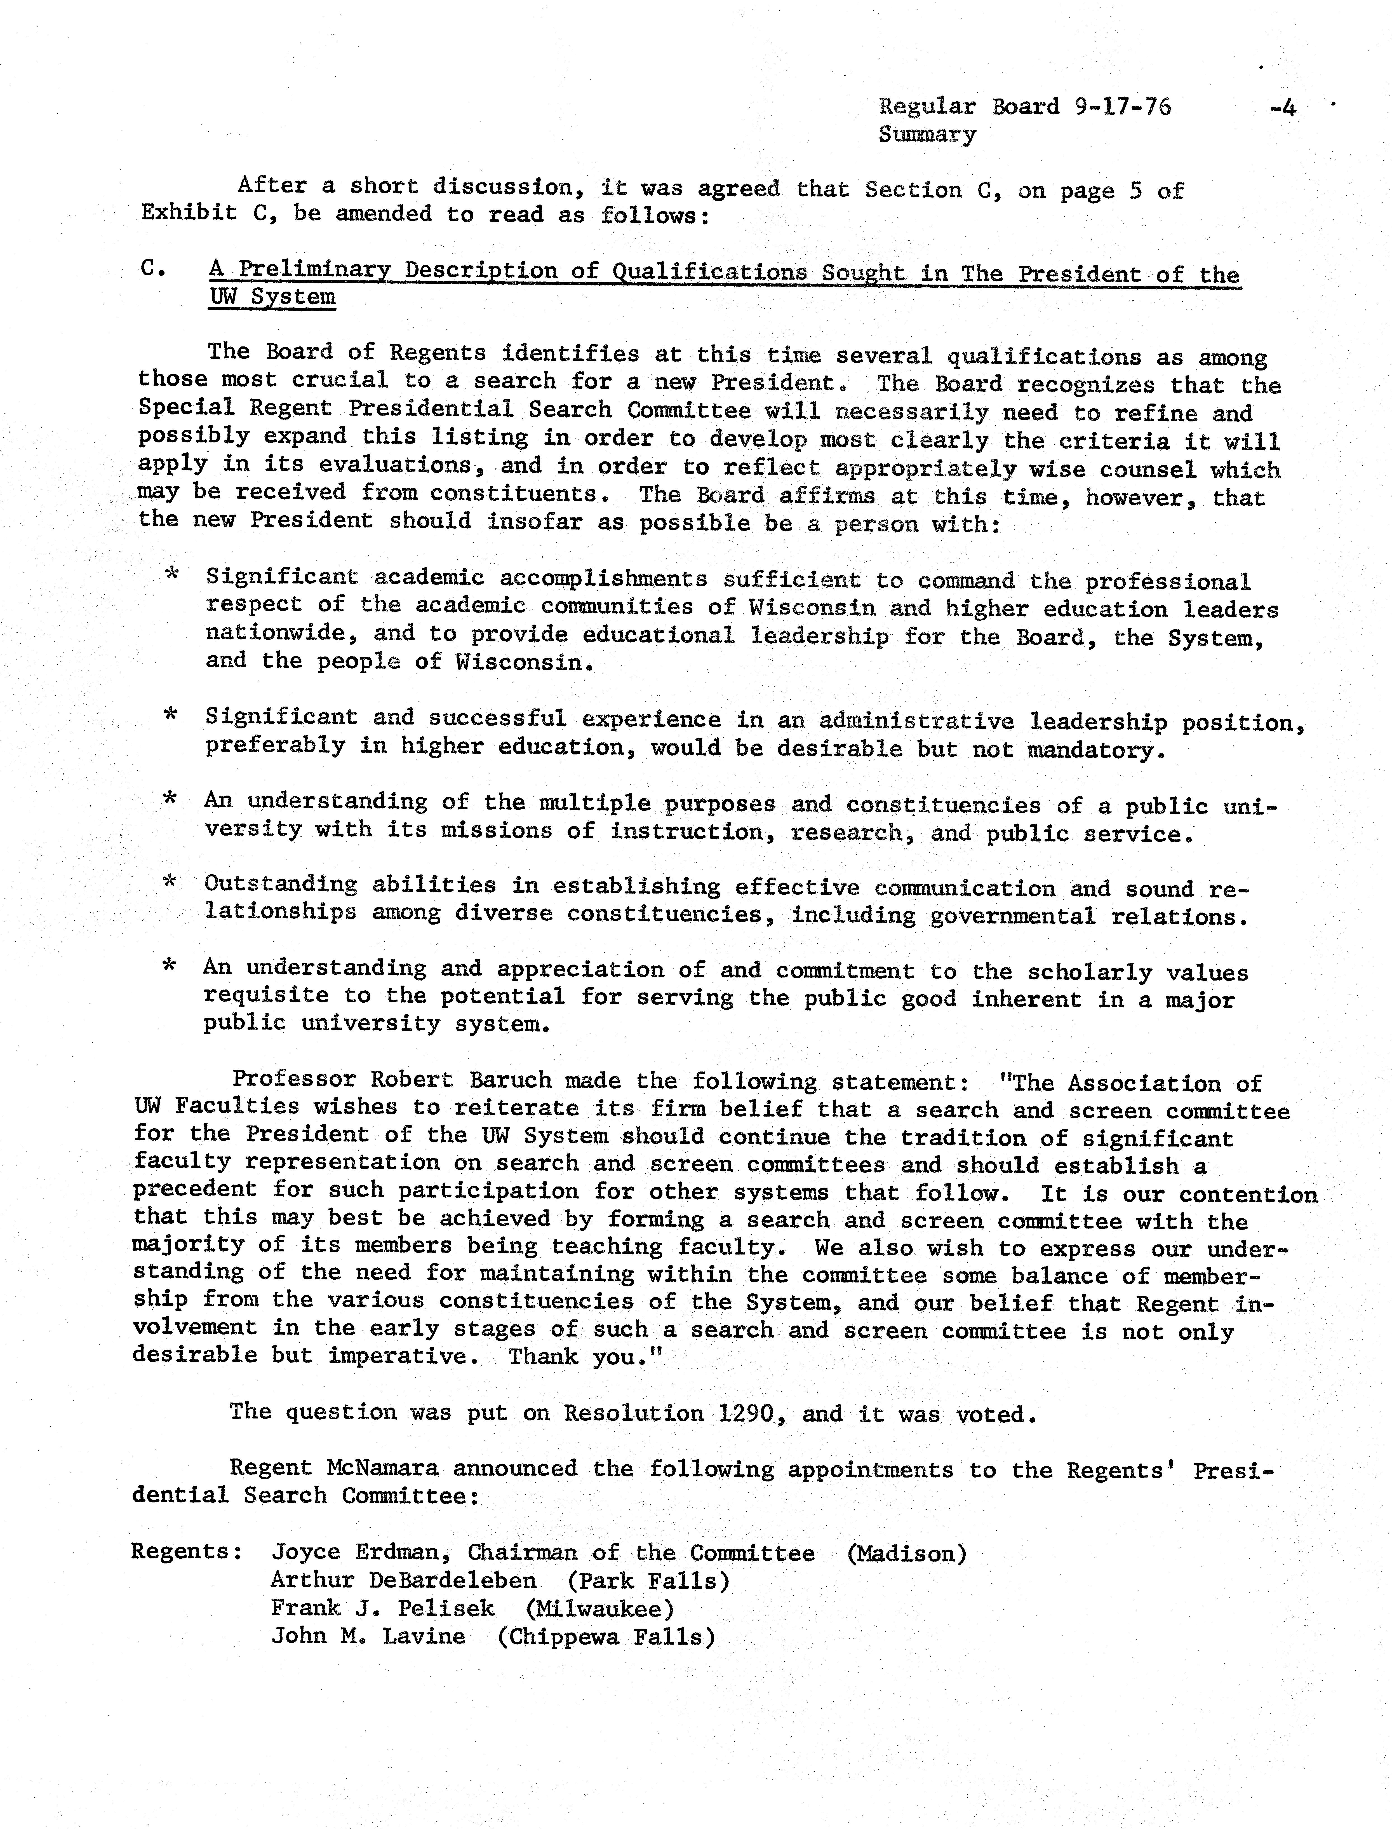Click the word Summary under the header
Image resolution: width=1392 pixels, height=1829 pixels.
(927, 134)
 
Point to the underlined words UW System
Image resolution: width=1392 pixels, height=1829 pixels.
(272, 297)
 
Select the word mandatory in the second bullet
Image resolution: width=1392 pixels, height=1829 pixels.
(1095, 750)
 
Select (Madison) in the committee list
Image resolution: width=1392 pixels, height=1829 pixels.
(906, 1553)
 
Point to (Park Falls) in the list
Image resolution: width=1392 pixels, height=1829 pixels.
(648, 1581)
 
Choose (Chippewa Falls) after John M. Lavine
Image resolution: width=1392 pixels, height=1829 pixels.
(606, 1637)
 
